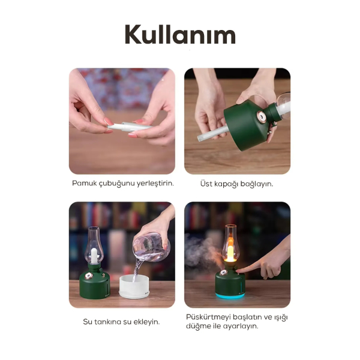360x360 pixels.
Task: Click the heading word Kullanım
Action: (179, 35)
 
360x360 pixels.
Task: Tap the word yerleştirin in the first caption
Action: (154, 183)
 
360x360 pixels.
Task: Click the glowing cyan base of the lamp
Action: (230, 295)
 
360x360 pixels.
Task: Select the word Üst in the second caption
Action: (207, 183)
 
